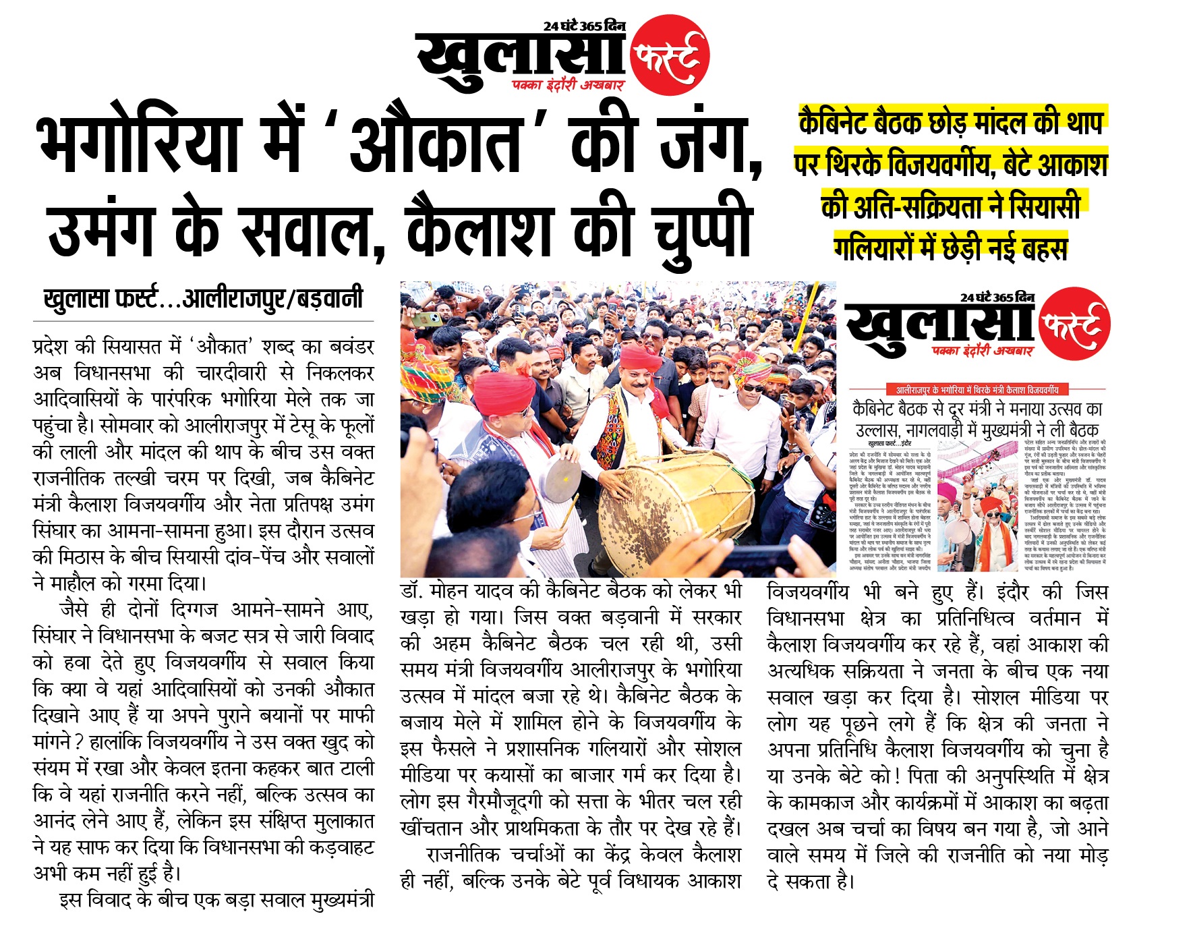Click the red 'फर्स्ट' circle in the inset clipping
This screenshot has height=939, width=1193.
pyautogui.click(x=1075, y=325)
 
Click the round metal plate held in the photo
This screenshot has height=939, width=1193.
pyautogui.click(x=562, y=480)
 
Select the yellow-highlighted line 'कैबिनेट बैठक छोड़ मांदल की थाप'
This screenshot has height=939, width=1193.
pyautogui.click(x=951, y=122)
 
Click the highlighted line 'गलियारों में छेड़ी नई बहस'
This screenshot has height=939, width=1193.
pyautogui.click(x=951, y=248)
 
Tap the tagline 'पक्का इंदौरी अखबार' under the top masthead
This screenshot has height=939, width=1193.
pyautogui.click(x=569, y=85)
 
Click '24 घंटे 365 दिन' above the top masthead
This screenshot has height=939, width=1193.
pyautogui.click(x=584, y=26)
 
